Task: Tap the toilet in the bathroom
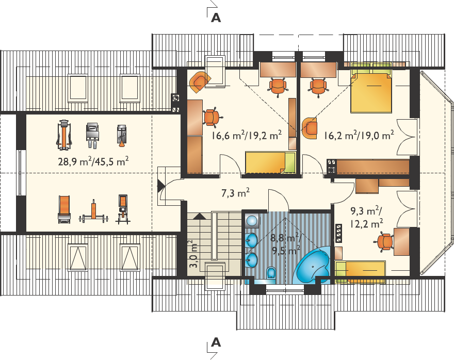pyautogui.click(x=271, y=273)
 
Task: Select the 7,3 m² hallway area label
pyautogui.click(x=236, y=193)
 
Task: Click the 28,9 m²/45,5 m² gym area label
pyautogui.click(x=93, y=161)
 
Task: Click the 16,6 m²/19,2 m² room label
pyautogui.click(x=247, y=135)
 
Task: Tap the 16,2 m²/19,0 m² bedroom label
pyautogui.click(x=359, y=135)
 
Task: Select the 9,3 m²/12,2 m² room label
pyautogui.click(x=367, y=217)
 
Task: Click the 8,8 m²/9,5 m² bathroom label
pyautogui.click(x=285, y=243)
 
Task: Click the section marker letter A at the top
pyautogui.click(x=216, y=18)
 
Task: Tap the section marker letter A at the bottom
pyautogui.click(x=216, y=342)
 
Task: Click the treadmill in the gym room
pyautogui.click(x=64, y=135)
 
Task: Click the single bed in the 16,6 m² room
pyautogui.click(x=270, y=162)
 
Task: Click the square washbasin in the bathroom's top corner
pyautogui.click(x=252, y=221)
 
